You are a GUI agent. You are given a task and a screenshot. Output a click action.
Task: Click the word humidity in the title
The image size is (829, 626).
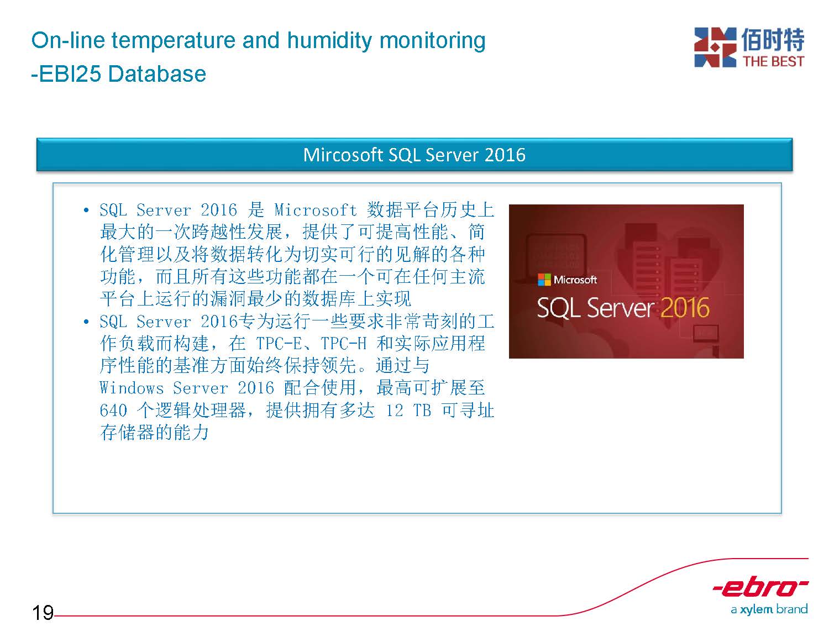[329, 41]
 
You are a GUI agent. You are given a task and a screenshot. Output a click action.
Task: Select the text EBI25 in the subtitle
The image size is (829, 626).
[70, 73]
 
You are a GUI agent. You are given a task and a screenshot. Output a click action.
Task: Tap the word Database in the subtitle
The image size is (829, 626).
[157, 73]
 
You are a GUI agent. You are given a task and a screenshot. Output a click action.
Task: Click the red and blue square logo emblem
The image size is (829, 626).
[715, 47]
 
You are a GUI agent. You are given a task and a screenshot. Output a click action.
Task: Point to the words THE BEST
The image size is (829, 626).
[773, 61]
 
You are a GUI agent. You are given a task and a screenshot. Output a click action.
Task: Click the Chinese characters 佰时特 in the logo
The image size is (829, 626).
[773, 39]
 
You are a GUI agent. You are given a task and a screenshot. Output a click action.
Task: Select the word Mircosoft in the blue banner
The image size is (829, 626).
[343, 155]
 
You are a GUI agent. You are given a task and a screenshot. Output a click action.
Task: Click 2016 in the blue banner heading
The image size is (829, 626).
[505, 155]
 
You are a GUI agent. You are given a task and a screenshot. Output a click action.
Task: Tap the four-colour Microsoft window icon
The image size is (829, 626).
[544, 280]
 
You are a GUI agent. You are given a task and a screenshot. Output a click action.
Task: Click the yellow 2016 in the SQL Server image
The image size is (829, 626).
[685, 308]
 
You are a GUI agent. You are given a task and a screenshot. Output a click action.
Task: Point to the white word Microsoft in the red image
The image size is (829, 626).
[575, 280]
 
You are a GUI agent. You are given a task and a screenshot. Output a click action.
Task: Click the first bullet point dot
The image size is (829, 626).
[86, 210]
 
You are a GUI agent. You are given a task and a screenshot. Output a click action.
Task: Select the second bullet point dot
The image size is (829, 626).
[86, 322]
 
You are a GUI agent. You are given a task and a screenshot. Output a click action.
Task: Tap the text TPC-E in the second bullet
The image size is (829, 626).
[279, 344]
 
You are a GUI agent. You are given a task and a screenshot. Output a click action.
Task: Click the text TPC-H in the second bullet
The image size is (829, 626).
[343, 344]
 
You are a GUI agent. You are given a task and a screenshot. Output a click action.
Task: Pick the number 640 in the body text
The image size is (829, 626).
[113, 411]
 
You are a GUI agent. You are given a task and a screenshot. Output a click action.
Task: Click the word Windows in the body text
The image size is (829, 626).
[132, 388]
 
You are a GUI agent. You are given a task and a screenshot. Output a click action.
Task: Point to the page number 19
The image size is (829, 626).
[43, 612]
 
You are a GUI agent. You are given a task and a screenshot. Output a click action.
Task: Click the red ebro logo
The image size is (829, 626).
[760, 587]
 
